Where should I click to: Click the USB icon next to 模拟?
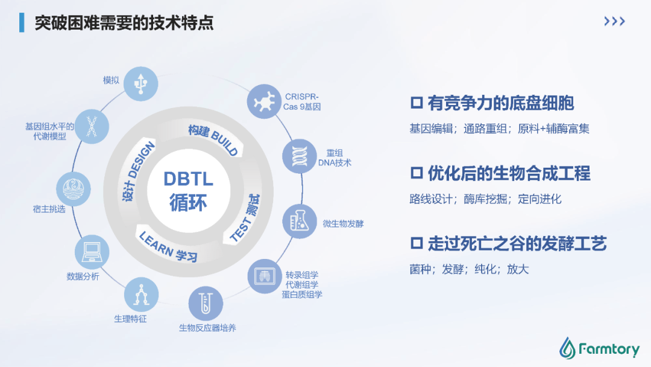point(140,83)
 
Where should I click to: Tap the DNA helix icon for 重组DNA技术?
point(300,156)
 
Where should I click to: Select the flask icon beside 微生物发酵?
point(300,221)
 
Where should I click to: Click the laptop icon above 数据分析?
point(92,252)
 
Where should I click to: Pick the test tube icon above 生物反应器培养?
point(206,304)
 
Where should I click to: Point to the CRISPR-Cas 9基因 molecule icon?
point(264,101)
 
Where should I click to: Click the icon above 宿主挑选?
point(74,189)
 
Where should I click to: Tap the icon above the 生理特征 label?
point(141,295)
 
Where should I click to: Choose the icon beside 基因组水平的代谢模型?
point(92,126)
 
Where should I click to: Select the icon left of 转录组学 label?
point(265,276)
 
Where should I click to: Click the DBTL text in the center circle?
point(189,179)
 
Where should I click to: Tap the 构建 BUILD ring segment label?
point(213,139)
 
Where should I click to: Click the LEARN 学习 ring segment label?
point(168,247)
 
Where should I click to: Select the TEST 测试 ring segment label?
point(245,218)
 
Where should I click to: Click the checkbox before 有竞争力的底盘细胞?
point(417,103)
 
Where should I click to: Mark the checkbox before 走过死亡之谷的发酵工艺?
point(417,243)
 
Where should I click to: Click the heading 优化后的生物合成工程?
point(509,173)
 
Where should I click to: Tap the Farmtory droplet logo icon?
point(567,348)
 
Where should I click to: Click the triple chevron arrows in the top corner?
point(614,21)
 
